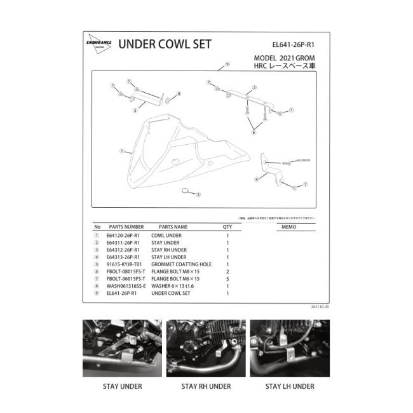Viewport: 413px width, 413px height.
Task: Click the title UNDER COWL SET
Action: tap(165, 45)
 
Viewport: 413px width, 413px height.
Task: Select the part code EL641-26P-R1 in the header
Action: tap(293, 45)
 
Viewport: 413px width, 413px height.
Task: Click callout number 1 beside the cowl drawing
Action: tap(121, 152)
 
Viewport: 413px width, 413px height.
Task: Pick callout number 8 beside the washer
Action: tap(179, 93)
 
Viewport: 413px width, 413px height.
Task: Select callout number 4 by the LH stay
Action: tap(256, 180)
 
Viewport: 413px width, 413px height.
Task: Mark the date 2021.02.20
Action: tap(321, 306)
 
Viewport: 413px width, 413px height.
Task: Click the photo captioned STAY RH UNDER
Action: tap(207, 348)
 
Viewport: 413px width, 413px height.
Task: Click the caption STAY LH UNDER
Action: tap(290, 386)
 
